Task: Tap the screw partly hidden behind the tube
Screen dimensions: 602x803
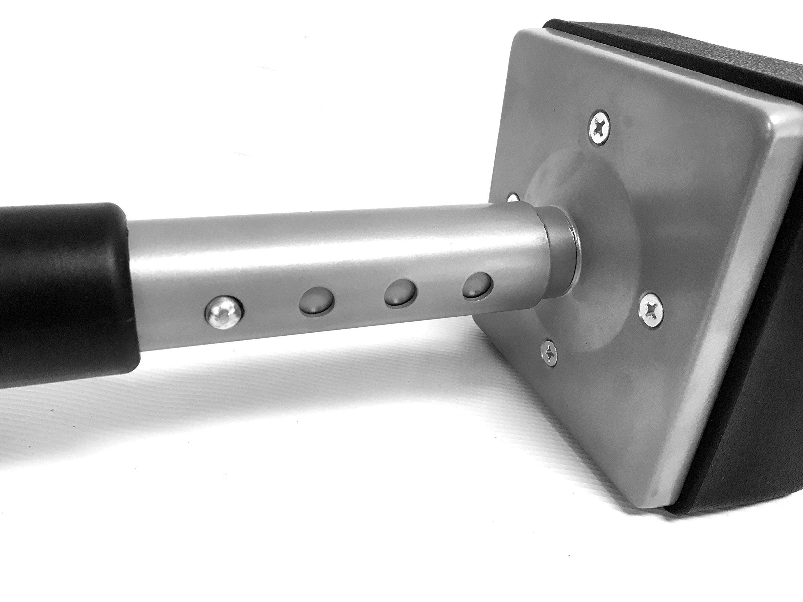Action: coord(512,198)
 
